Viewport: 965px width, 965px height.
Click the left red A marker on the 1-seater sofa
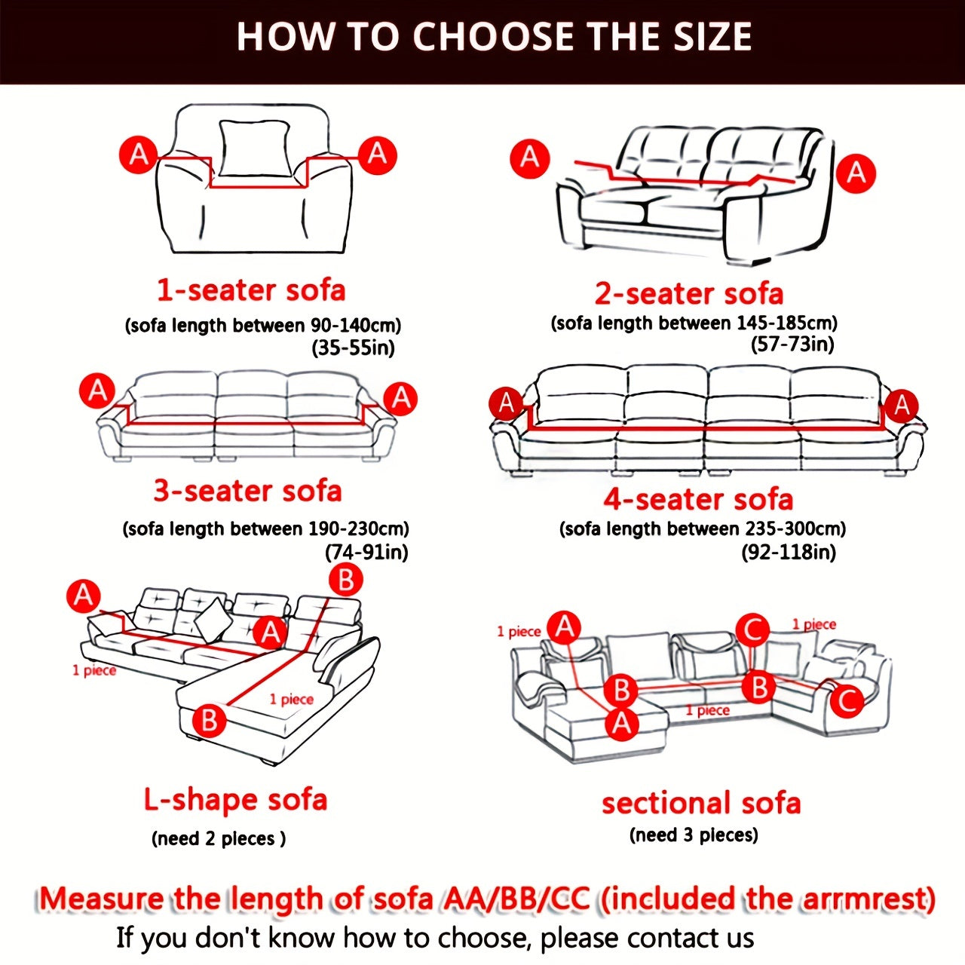coord(139,155)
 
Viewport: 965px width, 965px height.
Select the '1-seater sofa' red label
coord(251,290)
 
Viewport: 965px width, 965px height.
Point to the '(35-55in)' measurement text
coord(353,348)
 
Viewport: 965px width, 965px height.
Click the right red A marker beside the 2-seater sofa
coord(856,173)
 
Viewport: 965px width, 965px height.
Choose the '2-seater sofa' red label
coord(689,293)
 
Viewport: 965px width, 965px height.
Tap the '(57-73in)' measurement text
coord(792,345)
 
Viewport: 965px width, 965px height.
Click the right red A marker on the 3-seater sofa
coord(401,398)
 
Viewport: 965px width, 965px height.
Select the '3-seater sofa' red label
coord(247,491)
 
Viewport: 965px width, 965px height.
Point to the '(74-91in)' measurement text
coord(366,552)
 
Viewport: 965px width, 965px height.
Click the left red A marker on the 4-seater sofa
coord(507,403)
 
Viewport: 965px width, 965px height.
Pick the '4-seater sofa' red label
coord(698,499)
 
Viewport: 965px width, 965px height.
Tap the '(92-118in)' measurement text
coord(789,552)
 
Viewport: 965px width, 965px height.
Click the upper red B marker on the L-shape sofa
coord(345,580)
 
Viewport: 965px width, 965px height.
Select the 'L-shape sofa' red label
coord(235,800)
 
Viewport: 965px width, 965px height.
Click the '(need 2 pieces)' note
coord(219,838)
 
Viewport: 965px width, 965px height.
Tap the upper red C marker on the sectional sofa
coord(752,630)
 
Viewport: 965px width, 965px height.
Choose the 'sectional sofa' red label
coord(700,803)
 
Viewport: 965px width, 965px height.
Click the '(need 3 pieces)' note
coord(694,835)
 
